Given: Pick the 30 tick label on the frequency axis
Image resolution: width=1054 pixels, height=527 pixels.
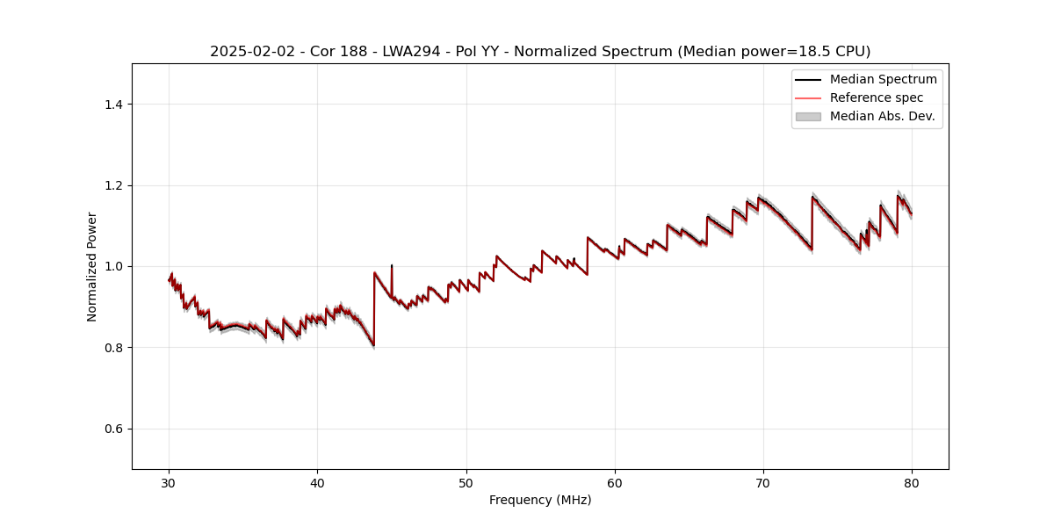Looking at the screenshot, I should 170,482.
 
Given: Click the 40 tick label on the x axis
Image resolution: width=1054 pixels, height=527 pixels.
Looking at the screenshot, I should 318,482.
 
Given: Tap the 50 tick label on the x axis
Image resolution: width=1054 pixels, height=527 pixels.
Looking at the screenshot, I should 466,482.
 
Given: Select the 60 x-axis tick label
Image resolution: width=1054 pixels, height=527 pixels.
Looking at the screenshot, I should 615,482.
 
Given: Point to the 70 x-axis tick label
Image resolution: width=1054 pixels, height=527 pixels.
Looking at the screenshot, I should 763,482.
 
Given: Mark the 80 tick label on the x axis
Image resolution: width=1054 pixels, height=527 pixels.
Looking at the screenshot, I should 912,482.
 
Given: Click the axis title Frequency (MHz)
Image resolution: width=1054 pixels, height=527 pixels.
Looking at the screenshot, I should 540,500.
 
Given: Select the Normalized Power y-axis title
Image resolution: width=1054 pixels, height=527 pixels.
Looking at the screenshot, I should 92,266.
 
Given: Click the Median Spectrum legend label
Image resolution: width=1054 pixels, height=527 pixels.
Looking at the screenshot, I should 883,79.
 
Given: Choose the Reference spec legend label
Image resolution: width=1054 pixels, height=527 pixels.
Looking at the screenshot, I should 877,97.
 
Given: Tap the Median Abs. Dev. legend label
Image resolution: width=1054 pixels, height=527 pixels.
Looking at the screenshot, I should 882,116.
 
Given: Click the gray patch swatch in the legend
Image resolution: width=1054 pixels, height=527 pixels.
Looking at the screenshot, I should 808,116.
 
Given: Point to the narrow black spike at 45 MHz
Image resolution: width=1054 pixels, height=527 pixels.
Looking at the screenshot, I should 392,266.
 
